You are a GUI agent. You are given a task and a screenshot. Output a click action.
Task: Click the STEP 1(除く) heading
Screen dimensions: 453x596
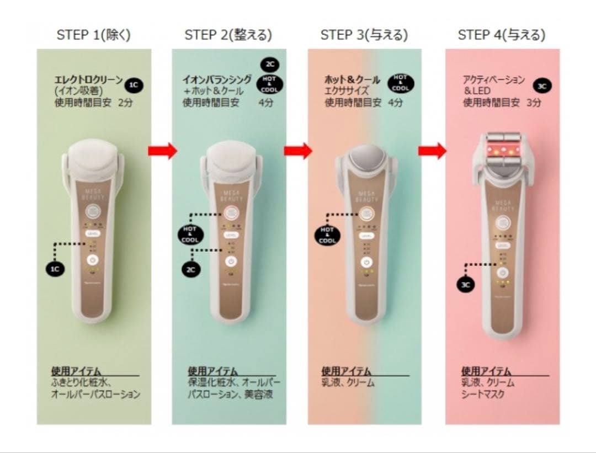click(94, 35)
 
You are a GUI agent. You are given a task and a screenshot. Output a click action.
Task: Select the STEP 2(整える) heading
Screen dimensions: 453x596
click(228, 35)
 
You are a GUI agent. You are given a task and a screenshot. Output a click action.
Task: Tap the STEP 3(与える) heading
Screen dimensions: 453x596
click(364, 35)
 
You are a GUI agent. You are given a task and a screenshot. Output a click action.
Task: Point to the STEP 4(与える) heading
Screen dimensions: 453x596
click(502, 35)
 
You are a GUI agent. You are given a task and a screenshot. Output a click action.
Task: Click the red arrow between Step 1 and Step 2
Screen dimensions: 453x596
click(162, 151)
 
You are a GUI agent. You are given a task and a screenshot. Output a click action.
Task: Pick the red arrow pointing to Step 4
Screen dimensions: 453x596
click(432, 151)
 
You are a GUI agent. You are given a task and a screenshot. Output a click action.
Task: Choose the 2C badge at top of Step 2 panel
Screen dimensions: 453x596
click(270, 65)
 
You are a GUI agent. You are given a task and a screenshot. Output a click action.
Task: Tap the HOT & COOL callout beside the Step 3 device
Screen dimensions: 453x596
click(327, 235)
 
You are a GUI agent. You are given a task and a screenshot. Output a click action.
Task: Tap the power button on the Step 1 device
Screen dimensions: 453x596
click(93, 261)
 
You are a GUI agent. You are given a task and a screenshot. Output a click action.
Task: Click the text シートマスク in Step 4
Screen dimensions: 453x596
click(483, 395)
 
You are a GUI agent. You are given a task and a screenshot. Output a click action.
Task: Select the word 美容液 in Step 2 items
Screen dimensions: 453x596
click(259, 395)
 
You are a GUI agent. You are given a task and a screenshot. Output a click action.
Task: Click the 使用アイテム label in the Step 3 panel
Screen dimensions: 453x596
click(346, 371)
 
